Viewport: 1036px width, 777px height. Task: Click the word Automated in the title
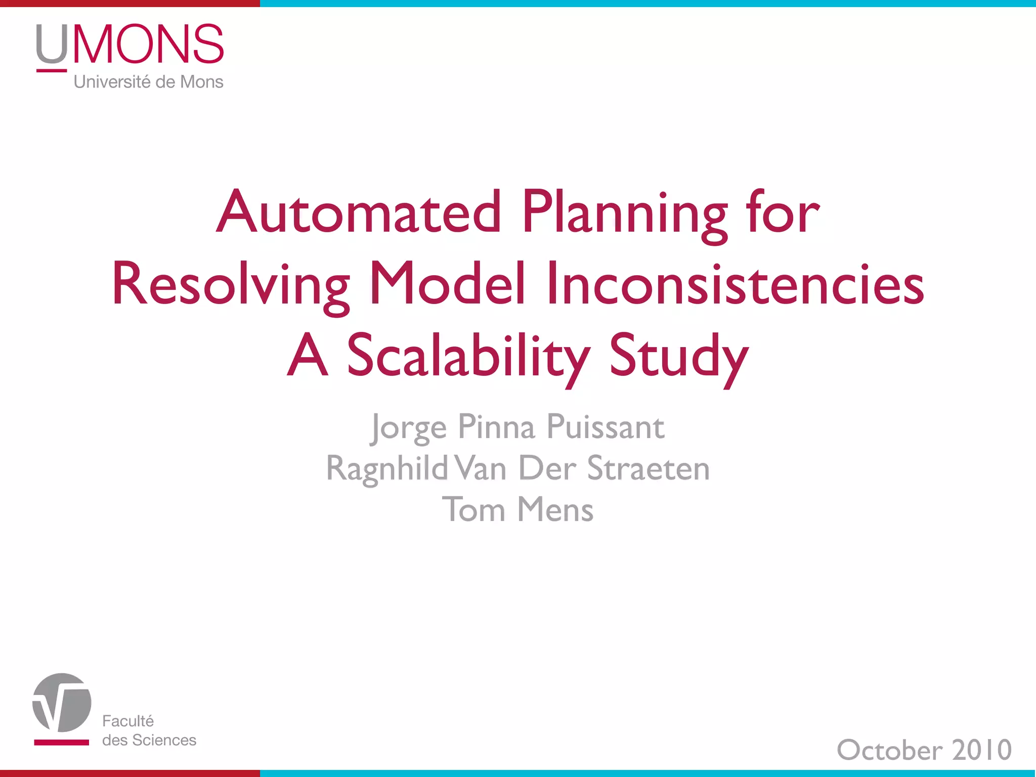coord(359,212)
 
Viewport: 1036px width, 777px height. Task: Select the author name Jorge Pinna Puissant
coord(517,427)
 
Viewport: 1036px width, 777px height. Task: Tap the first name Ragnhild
coord(387,468)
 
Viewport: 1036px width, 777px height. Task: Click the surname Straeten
coord(648,468)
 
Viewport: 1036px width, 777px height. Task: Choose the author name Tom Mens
coord(517,509)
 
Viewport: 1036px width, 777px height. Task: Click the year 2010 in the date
coord(982,750)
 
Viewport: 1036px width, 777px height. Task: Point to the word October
coord(890,750)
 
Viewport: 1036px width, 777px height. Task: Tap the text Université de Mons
coord(148,82)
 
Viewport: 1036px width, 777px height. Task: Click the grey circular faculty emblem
coord(62,702)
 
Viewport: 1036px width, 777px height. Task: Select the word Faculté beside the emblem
coord(128,721)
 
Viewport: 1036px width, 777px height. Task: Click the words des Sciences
coord(149,740)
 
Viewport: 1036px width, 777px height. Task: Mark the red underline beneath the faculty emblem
coord(61,743)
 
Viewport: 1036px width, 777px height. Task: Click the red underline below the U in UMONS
coord(52,70)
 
